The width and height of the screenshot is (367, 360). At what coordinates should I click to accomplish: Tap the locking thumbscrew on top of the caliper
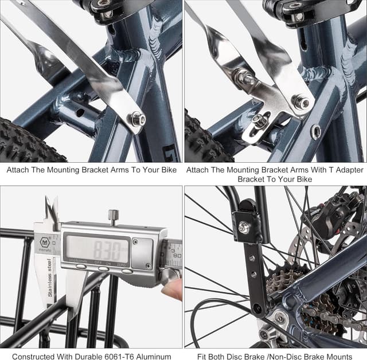tap(114, 216)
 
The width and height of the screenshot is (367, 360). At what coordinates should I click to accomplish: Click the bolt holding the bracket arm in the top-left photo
tap(137, 119)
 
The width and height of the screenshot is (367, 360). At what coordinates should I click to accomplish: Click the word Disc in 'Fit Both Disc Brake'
tap(241, 357)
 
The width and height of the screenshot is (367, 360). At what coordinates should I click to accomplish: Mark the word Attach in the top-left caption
tap(18, 170)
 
